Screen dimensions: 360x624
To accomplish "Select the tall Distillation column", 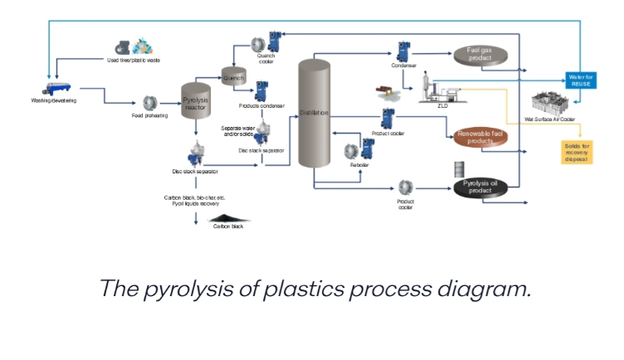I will point(314,114).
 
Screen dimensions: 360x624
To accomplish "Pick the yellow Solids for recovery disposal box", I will point(577,153).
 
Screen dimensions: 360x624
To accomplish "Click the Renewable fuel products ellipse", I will point(485,137).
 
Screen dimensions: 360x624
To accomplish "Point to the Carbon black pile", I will point(227,216).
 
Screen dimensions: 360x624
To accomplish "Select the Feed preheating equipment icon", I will point(150,103).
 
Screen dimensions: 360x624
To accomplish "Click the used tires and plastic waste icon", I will point(135,48).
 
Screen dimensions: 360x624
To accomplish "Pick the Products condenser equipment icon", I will point(261,90).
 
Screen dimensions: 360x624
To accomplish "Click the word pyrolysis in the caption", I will point(210,289).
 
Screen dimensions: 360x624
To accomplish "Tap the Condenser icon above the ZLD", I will point(404,50).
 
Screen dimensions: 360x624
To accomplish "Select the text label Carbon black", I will point(227,226).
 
